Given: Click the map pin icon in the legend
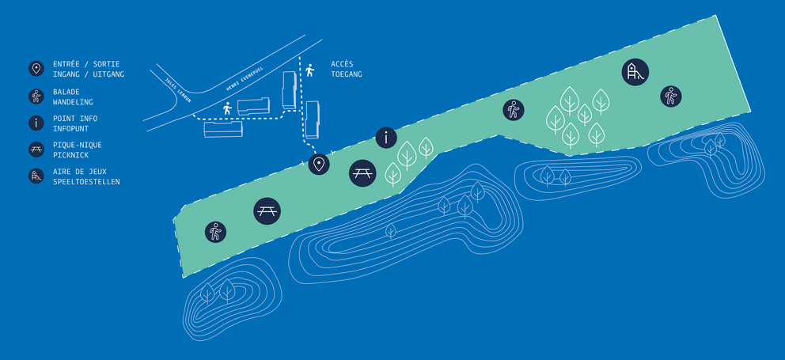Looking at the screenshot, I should click(x=36, y=69).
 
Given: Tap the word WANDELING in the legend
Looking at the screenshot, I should click(x=73, y=102).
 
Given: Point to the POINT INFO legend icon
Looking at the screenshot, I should click(x=36, y=123).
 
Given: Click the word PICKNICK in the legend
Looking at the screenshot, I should click(x=72, y=155).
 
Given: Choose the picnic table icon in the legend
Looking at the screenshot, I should click(x=36, y=149).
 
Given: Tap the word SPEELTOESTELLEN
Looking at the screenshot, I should click(x=86, y=182).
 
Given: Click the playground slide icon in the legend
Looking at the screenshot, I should click(x=36, y=176).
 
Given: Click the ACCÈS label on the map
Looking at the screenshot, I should click(x=342, y=64).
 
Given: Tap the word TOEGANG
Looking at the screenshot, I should click(x=347, y=74).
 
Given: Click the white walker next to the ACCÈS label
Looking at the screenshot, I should click(x=309, y=70).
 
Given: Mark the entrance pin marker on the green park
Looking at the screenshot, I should click(x=319, y=165).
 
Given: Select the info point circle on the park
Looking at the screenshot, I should click(x=385, y=138).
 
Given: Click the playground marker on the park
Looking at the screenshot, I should click(x=635, y=73).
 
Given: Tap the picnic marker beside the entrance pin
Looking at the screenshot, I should click(x=362, y=172).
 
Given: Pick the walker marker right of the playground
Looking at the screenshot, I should click(x=671, y=97).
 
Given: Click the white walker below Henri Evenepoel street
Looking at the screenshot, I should click(x=228, y=108).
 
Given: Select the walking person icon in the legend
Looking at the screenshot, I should click(x=36, y=96).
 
